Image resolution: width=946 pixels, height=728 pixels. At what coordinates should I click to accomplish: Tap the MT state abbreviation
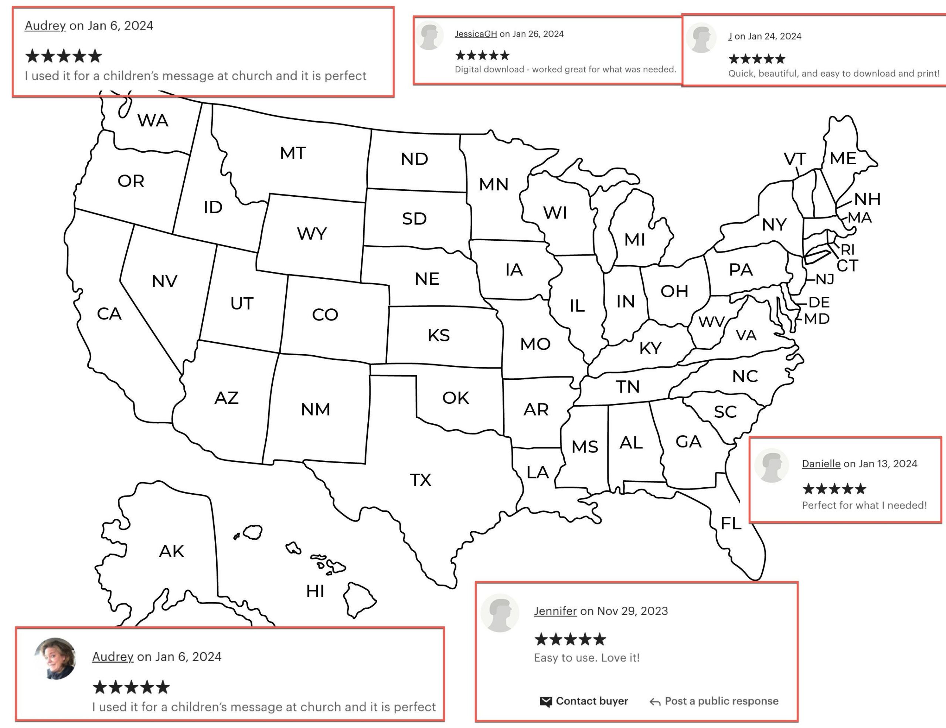(293, 153)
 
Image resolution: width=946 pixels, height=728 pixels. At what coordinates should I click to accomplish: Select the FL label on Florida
(731, 524)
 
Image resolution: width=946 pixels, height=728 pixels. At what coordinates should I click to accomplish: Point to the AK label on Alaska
(171, 551)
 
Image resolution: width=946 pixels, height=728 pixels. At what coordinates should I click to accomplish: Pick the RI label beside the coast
(848, 250)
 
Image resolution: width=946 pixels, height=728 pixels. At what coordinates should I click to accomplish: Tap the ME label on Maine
(843, 158)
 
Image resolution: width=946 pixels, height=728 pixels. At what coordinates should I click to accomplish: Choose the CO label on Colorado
(325, 315)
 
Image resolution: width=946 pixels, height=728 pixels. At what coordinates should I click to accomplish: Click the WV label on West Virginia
(711, 322)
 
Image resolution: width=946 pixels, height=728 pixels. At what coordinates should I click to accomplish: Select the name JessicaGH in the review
(476, 34)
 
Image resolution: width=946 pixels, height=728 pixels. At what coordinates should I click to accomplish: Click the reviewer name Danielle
(821, 464)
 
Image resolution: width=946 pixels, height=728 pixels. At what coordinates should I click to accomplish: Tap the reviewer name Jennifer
(555, 611)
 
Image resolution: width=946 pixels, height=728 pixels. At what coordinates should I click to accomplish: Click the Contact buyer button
(592, 701)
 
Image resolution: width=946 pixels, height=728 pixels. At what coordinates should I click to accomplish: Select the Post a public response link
(721, 701)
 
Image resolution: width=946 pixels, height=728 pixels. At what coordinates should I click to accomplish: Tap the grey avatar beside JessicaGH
(430, 36)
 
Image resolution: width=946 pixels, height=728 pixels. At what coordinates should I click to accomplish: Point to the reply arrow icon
(655, 702)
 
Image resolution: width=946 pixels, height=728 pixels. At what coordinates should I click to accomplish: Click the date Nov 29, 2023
(632, 611)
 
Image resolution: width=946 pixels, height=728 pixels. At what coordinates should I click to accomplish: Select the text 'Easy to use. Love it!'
(586, 658)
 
